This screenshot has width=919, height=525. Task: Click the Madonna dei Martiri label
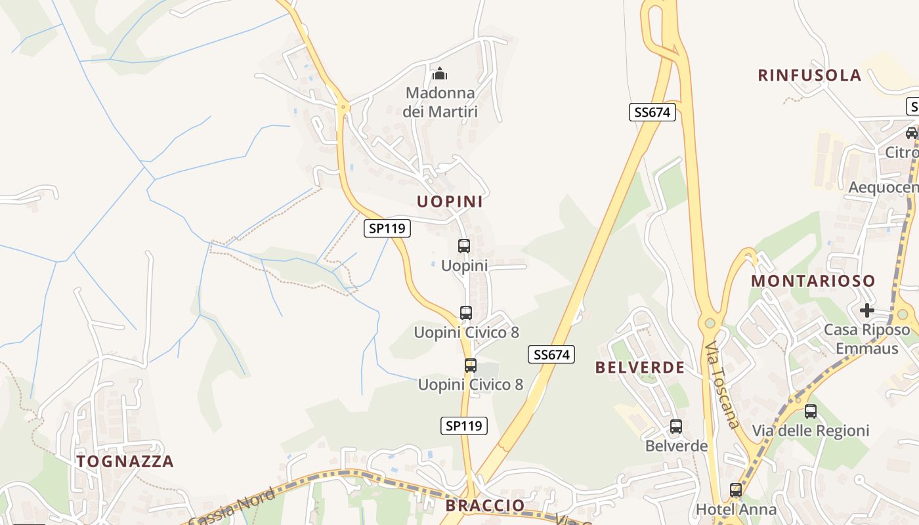(440, 102)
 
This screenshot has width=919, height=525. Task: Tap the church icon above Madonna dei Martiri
(440, 73)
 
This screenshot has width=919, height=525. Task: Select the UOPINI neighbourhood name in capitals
(450, 201)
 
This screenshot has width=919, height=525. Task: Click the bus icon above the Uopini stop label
(464, 246)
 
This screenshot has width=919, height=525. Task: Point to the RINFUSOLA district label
(809, 75)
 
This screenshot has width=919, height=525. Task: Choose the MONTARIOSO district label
(813, 281)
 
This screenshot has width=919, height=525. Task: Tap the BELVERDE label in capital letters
(640, 367)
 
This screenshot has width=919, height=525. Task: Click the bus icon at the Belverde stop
(676, 427)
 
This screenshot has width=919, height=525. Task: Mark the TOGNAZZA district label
(125, 461)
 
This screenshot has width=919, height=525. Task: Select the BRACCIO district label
(485, 505)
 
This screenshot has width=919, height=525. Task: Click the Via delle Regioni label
(811, 431)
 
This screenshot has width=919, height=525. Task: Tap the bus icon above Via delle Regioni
(811, 411)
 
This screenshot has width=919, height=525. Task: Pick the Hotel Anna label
(736, 509)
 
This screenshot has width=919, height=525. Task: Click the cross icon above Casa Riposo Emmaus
(867, 310)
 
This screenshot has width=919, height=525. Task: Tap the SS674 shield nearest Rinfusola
(652, 112)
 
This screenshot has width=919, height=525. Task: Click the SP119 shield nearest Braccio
(463, 426)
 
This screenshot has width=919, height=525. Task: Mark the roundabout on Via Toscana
(709, 322)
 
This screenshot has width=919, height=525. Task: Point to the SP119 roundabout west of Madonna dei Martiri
(342, 106)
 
